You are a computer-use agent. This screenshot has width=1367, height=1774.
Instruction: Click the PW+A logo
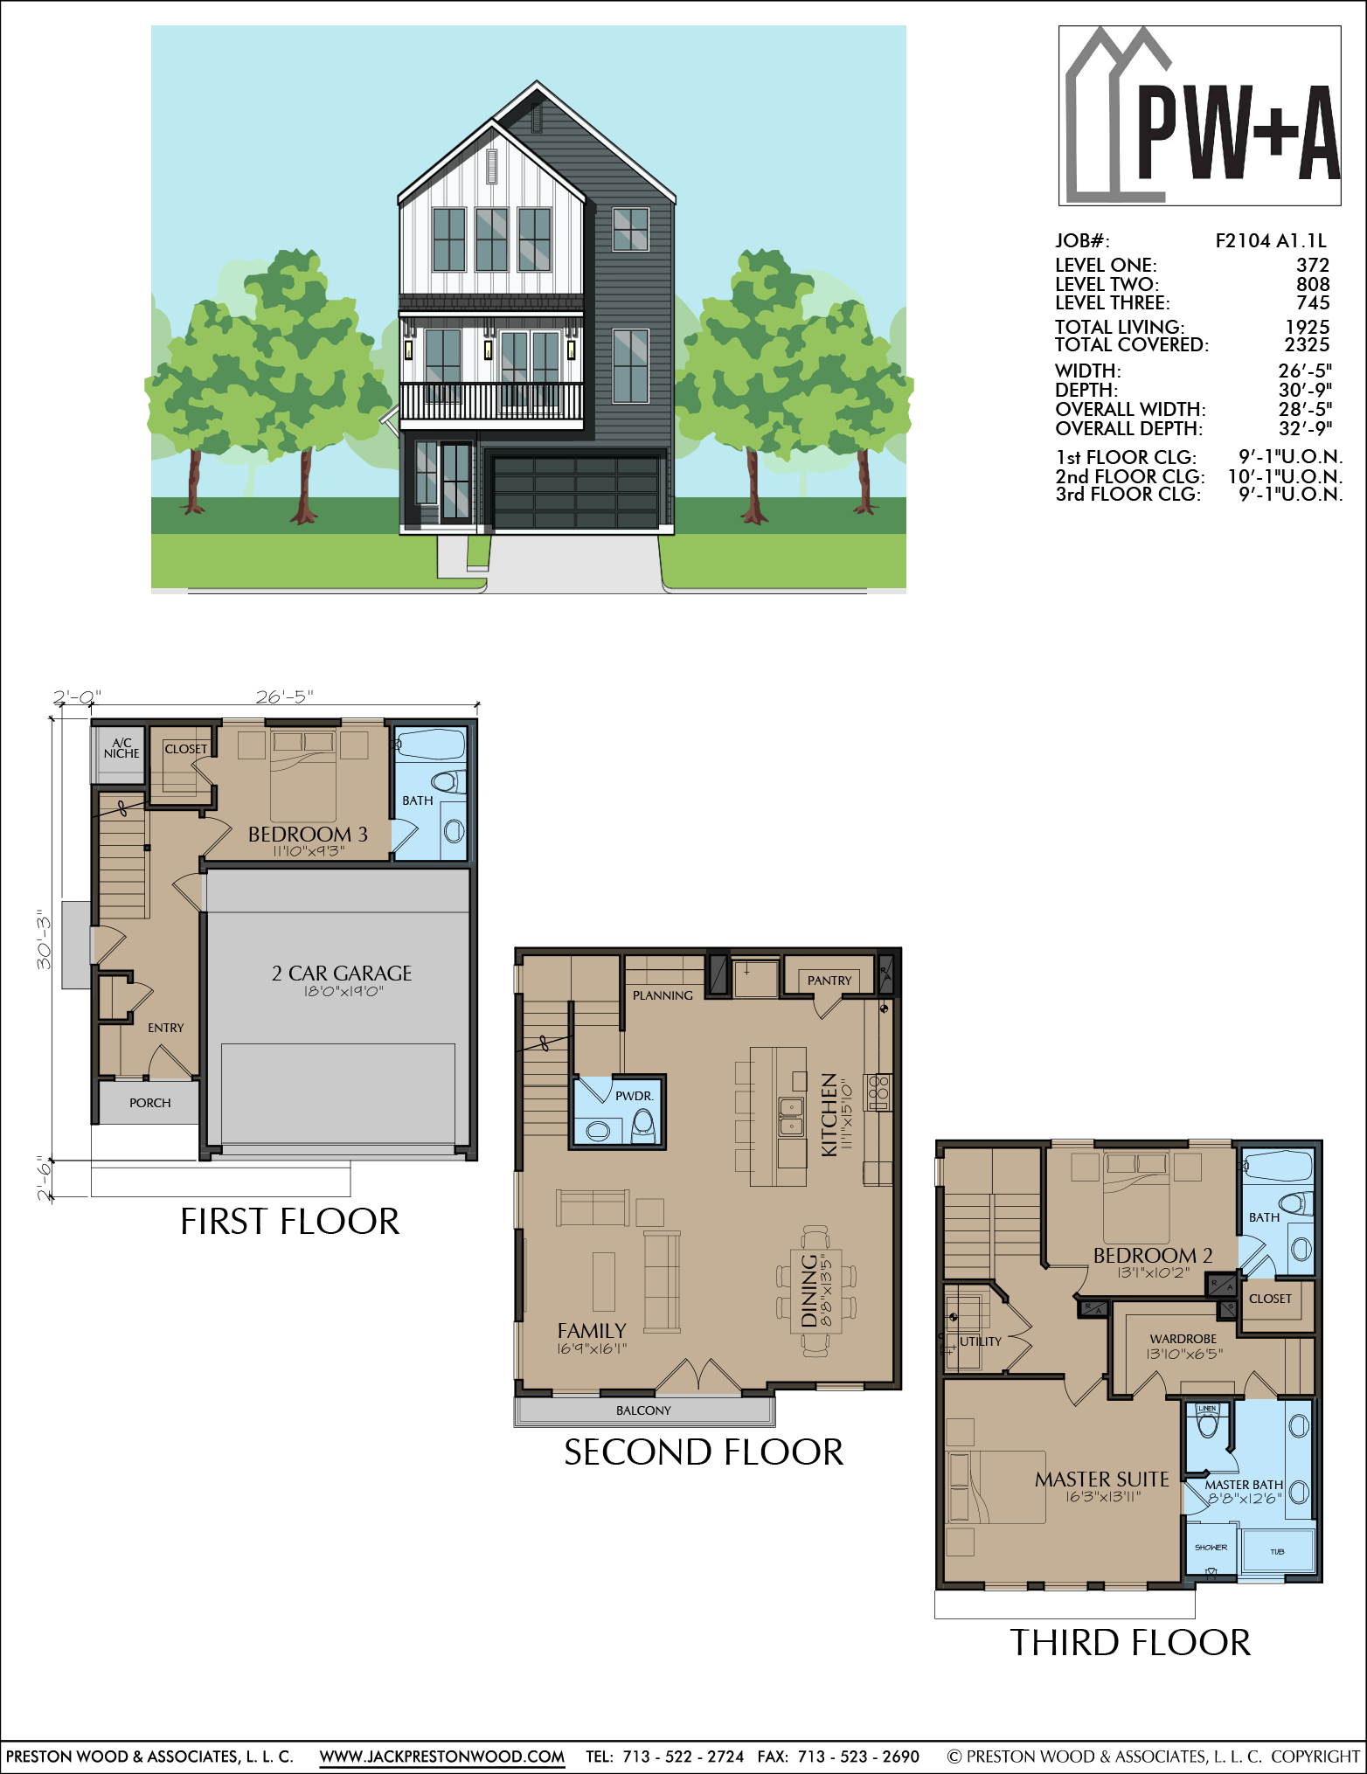point(1200,115)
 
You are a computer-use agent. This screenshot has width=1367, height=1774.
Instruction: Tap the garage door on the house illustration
point(576,491)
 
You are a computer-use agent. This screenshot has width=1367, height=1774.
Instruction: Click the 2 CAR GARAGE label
point(342,973)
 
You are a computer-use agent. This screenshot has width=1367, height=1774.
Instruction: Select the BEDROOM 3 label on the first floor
point(308,834)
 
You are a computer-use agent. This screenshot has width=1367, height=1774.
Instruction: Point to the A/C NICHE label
point(121,748)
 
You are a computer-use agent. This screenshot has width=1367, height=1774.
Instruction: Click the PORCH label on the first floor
point(150,1103)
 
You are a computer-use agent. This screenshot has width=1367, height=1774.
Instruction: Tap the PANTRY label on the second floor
point(829,981)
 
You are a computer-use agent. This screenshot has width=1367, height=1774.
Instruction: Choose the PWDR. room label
point(634,1096)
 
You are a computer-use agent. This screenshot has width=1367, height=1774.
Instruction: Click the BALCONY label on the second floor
point(643,1410)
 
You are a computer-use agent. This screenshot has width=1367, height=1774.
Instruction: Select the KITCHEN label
point(829,1115)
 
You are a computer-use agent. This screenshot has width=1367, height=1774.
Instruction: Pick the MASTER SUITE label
point(1101,1479)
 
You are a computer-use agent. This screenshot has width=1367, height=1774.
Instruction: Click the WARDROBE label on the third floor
point(1183,1339)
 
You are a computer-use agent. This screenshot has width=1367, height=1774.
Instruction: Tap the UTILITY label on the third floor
point(981,1341)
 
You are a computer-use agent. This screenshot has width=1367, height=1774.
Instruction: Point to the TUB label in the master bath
point(1277,1552)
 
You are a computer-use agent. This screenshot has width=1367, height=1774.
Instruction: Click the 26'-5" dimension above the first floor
point(285,696)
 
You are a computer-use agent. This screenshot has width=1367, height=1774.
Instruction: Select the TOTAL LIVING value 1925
point(1308,327)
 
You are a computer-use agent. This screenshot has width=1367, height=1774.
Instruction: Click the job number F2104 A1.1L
point(1271,241)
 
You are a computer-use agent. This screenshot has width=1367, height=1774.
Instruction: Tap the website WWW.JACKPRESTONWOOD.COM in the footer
point(442,1757)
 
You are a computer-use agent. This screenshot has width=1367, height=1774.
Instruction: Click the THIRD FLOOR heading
point(1130,1643)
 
